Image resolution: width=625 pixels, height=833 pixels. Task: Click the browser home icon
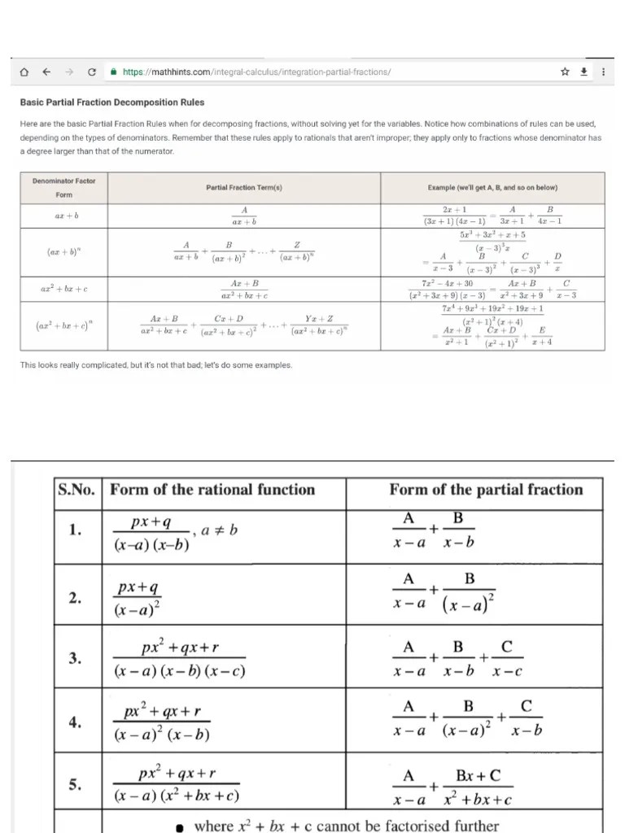click(24, 72)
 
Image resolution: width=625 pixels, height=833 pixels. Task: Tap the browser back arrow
click(47, 72)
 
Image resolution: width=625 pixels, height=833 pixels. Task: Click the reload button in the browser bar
click(92, 72)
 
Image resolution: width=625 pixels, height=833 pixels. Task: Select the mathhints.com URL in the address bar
click(256, 72)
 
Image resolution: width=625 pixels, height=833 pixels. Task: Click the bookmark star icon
click(565, 72)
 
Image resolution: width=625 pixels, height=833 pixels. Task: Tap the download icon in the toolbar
click(583, 72)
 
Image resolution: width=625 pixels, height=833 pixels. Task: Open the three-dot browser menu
click(602, 72)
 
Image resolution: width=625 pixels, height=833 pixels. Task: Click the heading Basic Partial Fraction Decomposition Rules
click(112, 102)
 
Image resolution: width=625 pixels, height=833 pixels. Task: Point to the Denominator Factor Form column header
click(63, 188)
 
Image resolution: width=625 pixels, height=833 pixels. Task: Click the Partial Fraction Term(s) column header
click(243, 188)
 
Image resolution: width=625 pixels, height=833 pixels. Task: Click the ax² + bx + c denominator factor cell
click(63, 289)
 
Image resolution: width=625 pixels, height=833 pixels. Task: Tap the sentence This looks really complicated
click(155, 365)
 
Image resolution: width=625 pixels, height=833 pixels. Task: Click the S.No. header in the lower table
click(76, 490)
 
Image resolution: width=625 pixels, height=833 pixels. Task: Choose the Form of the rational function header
click(212, 490)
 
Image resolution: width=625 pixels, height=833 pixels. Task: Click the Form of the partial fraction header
click(486, 490)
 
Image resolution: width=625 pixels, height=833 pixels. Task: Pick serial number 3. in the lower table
click(75, 658)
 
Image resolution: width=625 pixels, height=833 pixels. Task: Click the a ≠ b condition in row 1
click(219, 530)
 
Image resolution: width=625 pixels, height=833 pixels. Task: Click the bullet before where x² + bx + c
click(181, 826)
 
